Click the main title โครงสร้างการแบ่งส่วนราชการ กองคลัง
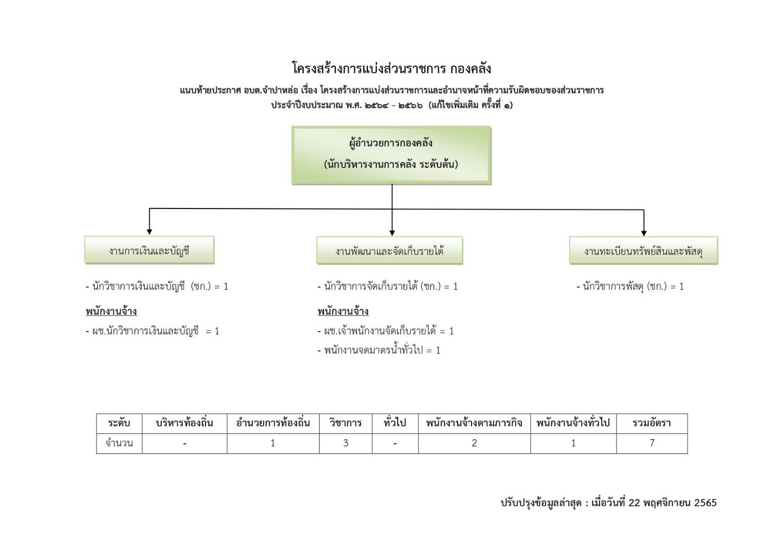(x=391, y=68)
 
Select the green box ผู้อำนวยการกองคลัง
(x=391, y=155)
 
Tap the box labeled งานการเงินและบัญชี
(x=149, y=250)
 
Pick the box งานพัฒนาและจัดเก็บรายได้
(x=389, y=250)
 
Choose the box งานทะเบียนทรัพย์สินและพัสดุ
(x=643, y=250)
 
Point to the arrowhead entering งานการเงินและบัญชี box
(x=149, y=232)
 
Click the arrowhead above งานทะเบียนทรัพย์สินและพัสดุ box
(x=644, y=233)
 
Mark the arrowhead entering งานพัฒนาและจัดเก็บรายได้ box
(x=392, y=233)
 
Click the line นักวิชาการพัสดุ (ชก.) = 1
(x=630, y=287)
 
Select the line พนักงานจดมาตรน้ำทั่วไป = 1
(x=379, y=350)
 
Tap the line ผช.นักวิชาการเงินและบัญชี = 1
(x=152, y=331)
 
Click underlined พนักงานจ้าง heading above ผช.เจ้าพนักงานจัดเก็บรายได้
(x=343, y=311)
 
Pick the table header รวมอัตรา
(x=652, y=423)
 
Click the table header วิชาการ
(x=346, y=423)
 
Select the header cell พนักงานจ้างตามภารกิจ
(x=474, y=423)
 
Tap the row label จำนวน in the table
(x=119, y=443)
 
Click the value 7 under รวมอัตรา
(x=652, y=443)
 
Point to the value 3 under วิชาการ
(x=346, y=443)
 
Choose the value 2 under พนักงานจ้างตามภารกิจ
(x=474, y=443)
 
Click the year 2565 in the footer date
(x=705, y=503)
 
